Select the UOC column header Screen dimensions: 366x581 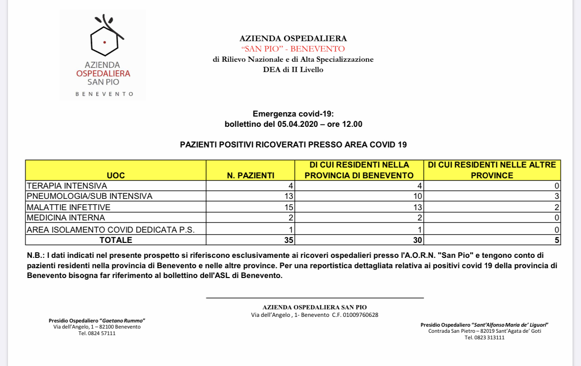click(116, 176)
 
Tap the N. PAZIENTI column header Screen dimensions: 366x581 click(250, 176)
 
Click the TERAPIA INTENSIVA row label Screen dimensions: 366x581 click(67, 186)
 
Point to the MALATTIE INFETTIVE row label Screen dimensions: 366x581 click(68, 207)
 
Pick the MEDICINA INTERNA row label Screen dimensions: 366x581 click(65, 218)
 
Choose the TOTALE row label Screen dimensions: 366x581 click(116, 240)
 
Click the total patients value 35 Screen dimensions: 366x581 click(289, 240)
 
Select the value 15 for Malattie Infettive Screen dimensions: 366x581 click(289, 207)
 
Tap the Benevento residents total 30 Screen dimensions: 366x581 click(417, 240)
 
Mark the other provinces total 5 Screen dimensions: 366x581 click(557, 240)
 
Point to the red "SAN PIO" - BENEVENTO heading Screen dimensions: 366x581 click(293, 49)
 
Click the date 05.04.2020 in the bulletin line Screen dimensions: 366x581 click(298, 124)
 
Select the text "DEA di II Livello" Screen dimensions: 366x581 click(293, 70)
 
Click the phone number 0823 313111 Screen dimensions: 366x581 click(491, 337)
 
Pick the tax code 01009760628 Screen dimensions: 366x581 click(361, 315)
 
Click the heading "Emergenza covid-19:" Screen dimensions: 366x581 click(293, 114)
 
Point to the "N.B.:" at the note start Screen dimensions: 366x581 click(36, 255)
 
